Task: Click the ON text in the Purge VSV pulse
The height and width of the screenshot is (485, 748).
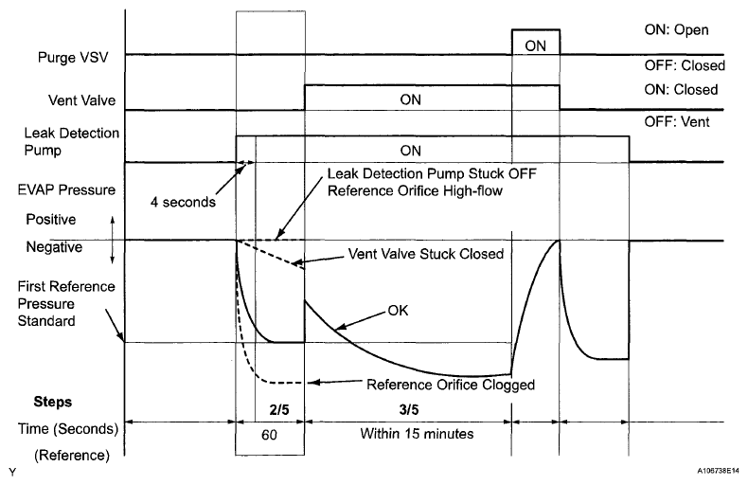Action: (x=535, y=44)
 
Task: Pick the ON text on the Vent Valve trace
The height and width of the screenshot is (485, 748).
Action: (x=410, y=99)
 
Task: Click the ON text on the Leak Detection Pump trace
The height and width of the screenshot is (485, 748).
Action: (x=410, y=149)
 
